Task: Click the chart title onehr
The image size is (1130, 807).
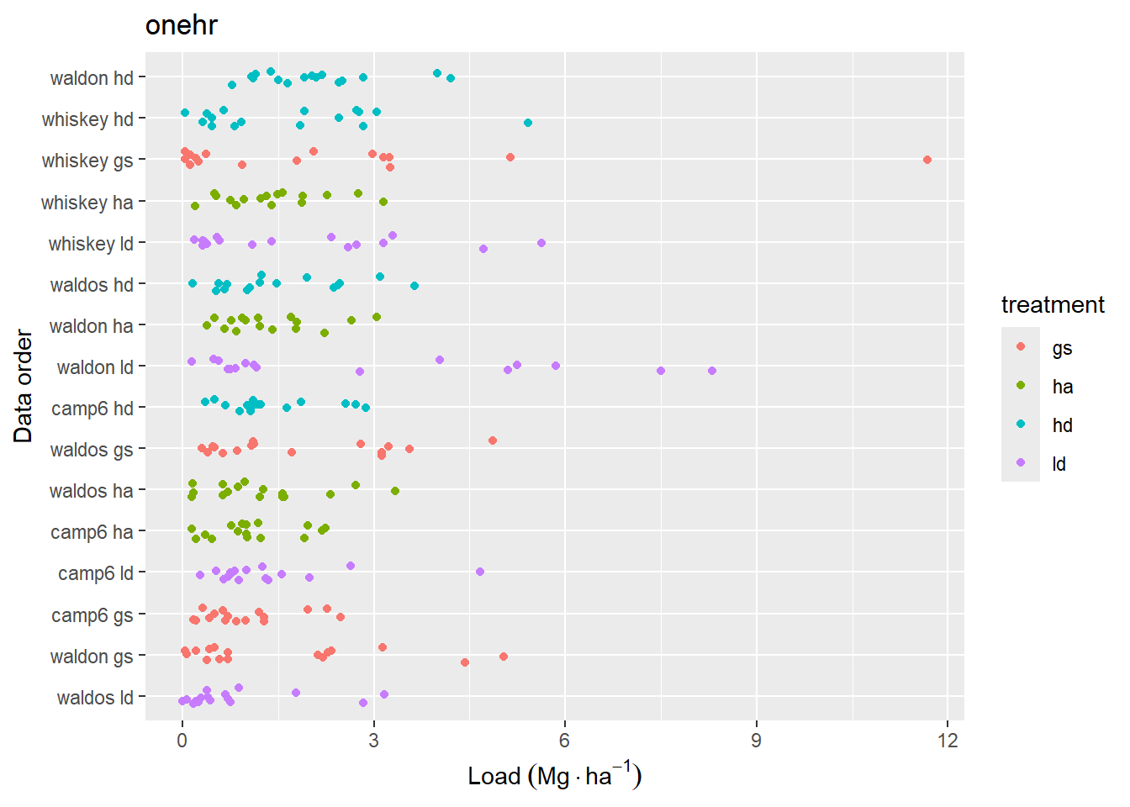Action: tap(181, 25)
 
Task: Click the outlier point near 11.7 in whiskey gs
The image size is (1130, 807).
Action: tap(927, 160)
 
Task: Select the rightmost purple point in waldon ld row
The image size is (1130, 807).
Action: tap(712, 371)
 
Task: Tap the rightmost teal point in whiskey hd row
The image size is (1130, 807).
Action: tap(528, 123)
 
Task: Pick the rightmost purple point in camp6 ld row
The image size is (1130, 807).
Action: tap(480, 572)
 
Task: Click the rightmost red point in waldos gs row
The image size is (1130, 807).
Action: tap(493, 440)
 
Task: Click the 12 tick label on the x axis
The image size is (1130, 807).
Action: tap(948, 741)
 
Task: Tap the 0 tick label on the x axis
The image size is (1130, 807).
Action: tap(182, 741)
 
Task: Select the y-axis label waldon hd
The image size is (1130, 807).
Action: tap(92, 78)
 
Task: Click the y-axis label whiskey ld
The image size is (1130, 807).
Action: tap(91, 244)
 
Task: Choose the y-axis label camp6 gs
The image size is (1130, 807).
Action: tap(92, 615)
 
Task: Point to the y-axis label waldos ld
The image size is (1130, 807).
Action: tap(95, 698)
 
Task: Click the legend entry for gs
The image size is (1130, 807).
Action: tap(1062, 348)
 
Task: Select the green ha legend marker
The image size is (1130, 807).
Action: tap(1021, 386)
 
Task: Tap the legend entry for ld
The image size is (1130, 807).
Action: tap(1059, 464)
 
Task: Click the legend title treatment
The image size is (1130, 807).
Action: tap(1053, 304)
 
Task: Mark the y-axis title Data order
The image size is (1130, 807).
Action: tap(23, 387)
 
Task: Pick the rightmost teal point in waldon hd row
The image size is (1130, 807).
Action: tap(451, 78)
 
